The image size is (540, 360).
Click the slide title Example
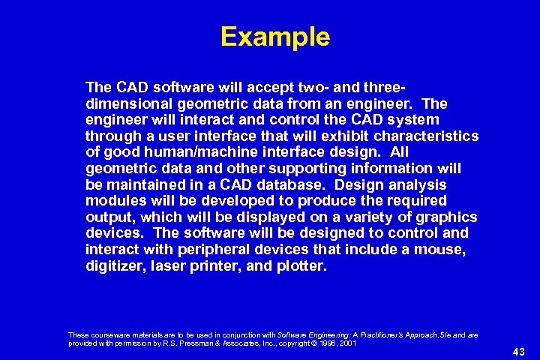pos(275,37)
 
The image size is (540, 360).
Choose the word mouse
pos(451,249)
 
